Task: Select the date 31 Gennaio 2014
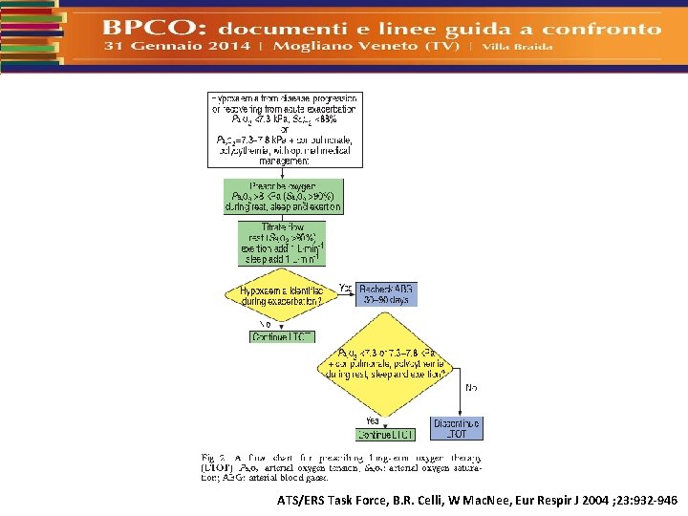[x=178, y=46]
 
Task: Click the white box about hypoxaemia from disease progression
[x=286, y=129]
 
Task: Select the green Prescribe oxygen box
[x=283, y=196]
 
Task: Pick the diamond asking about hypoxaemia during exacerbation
[x=283, y=294]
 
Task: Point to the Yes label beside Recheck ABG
[x=346, y=288]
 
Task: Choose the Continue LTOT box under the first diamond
[x=282, y=336]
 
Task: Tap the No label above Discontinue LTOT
[x=471, y=388]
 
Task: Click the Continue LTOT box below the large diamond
[x=385, y=435]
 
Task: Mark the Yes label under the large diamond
[x=373, y=420]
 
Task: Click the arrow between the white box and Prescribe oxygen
[x=283, y=173]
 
